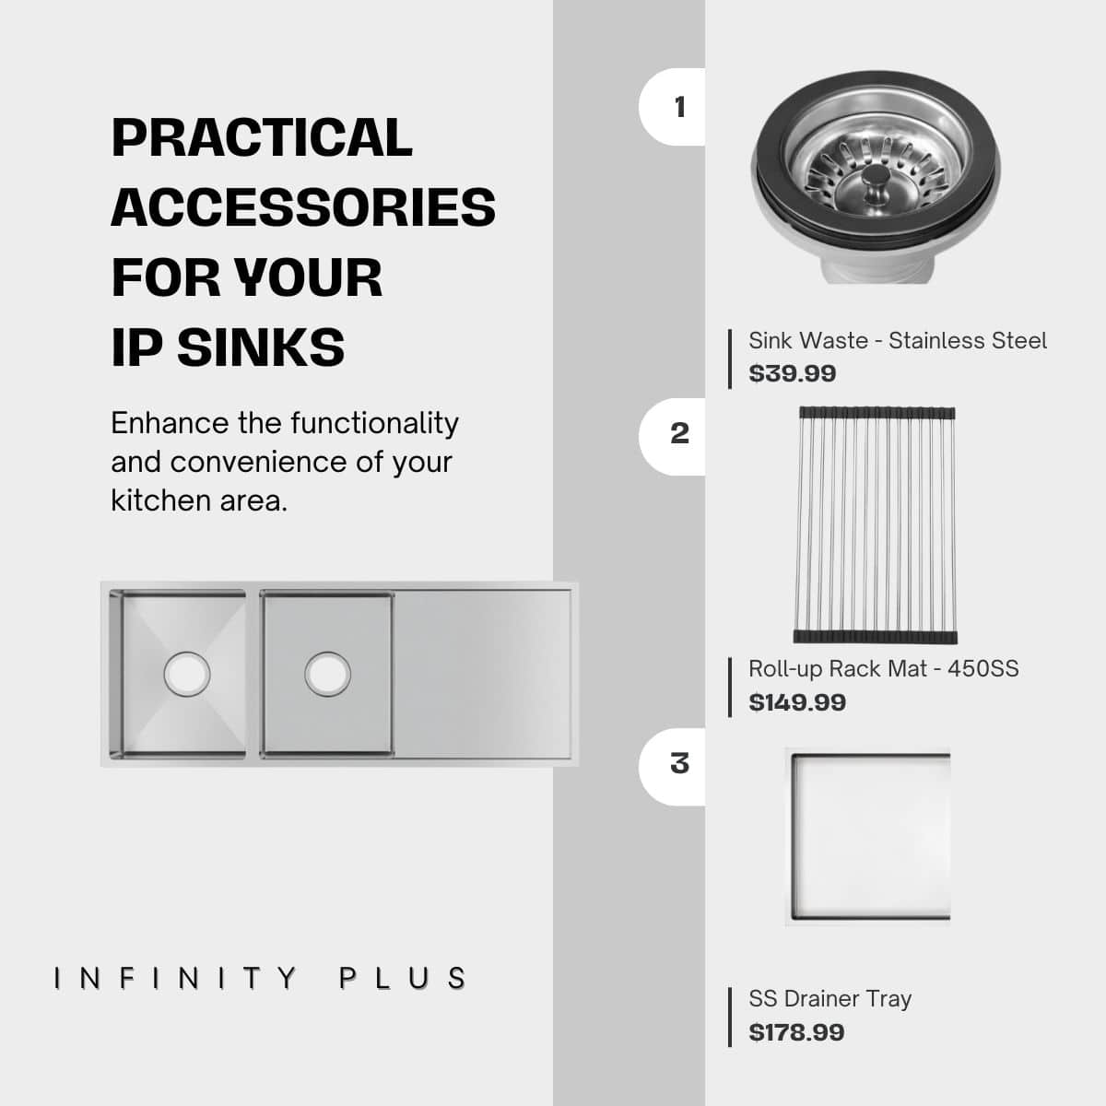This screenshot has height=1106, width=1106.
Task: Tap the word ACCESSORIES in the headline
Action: [x=303, y=207]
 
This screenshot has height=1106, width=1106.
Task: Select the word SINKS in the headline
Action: [x=261, y=347]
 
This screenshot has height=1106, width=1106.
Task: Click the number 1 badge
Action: [x=673, y=107]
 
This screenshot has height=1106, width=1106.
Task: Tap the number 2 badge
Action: [x=673, y=436]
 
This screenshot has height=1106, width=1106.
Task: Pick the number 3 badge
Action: [x=673, y=767]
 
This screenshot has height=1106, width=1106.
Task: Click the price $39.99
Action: [x=793, y=373]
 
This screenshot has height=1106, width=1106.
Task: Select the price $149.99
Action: [x=797, y=702]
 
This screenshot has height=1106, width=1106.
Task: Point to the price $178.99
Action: [x=796, y=1032]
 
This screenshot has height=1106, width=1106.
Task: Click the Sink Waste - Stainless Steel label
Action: [x=898, y=340]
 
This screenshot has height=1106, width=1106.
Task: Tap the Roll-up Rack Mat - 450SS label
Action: [x=884, y=669]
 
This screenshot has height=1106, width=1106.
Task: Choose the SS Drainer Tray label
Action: [x=829, y=999]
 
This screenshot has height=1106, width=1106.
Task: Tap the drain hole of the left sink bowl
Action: [x=187, y=674]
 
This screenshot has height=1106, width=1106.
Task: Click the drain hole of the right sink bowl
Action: [x=328, y=674]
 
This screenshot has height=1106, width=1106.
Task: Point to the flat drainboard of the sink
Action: [x=483, y=674]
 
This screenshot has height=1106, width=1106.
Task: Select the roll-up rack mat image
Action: [x=876, y=525]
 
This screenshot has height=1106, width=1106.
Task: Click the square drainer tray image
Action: [x=868, y=837]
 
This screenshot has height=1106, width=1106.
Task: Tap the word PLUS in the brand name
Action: [x=403, y=979]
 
